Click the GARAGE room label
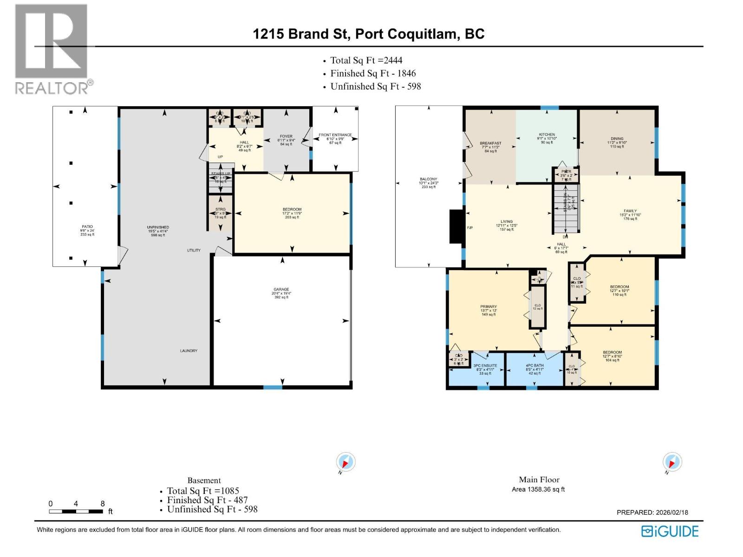point(281,290)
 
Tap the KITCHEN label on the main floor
point(547,135)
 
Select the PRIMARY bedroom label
point(488,307)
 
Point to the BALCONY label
point(428,179)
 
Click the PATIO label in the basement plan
point(87,227)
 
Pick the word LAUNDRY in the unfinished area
point(189,351)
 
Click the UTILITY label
point(194,251)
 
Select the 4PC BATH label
point(535,366)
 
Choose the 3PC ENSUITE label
point(485,366)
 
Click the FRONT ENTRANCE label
point(335,135)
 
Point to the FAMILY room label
point(630,211)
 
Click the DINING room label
point(617,139)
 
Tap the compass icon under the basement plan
point(345,462)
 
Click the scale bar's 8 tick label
point(103,504)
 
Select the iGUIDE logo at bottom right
point(670,531)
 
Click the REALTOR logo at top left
point(52,49)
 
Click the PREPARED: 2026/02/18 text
point(652,512)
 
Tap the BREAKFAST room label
point(490,143)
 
